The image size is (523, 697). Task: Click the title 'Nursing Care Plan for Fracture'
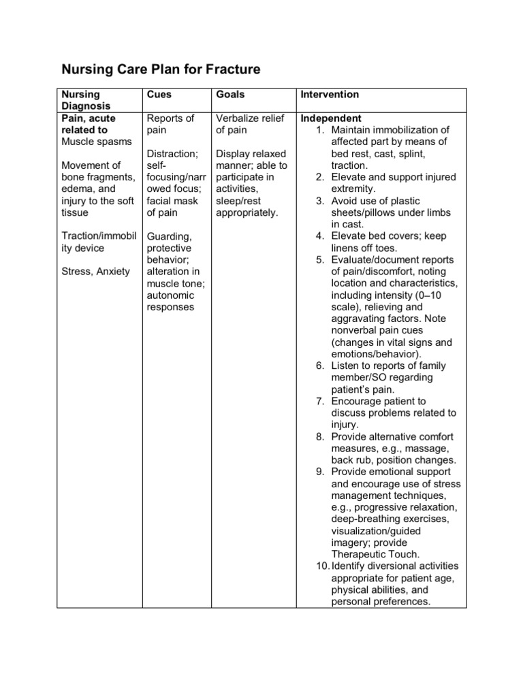[161, 69]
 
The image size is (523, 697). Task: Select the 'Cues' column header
[159, 95]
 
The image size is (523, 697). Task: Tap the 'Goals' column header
[229, 95]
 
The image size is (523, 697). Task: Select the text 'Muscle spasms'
[97, 142]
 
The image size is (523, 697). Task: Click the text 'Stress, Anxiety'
[95, 272]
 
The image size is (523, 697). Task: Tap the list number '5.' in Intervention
[321, 260]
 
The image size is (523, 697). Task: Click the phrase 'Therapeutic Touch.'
[376, 555]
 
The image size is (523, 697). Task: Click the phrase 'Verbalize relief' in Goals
[250, 118]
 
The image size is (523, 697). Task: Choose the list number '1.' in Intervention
[321, 130]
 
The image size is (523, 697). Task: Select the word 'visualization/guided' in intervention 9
[376, 531]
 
